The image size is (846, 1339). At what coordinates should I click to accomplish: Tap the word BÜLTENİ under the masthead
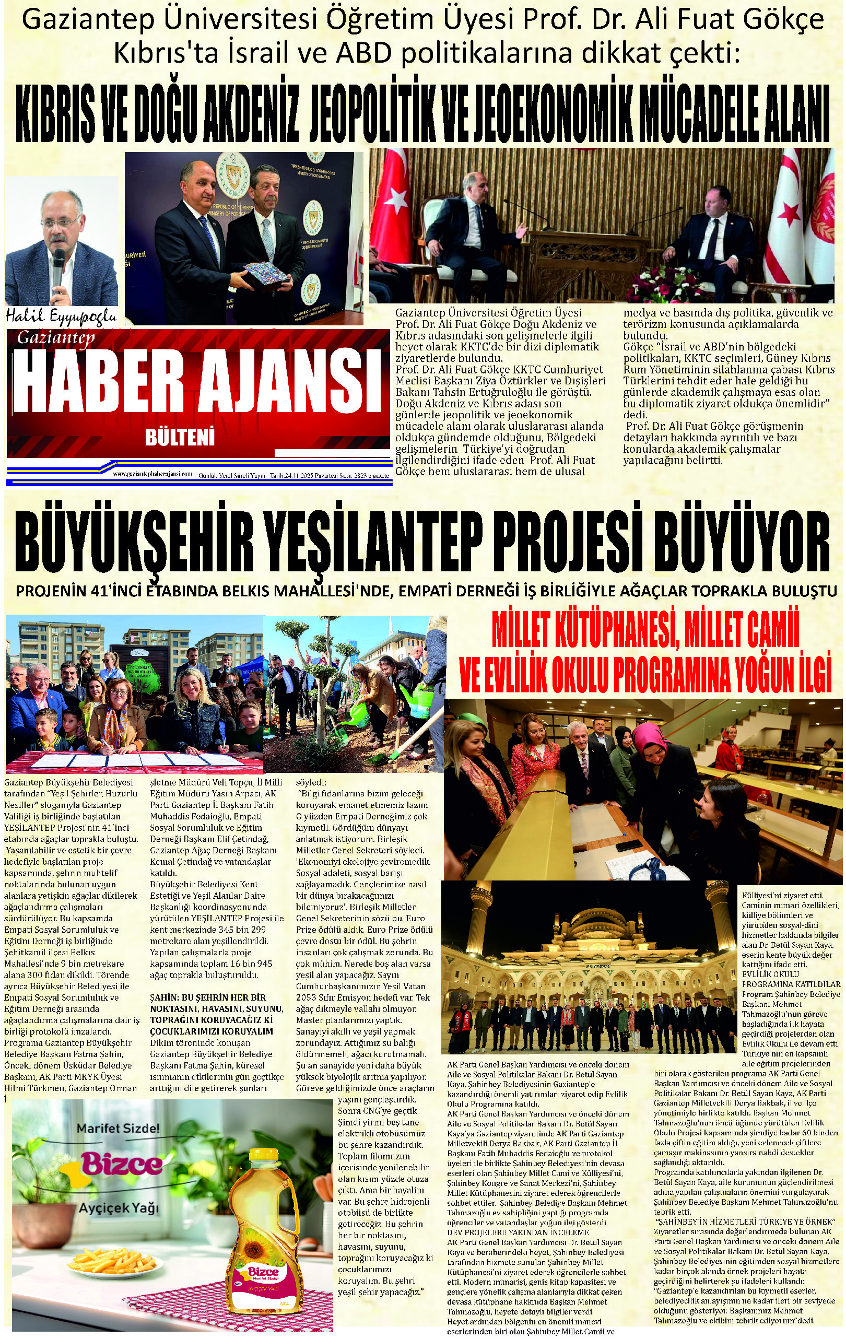pos(179,438)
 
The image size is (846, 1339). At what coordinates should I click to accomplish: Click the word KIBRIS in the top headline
pos(61,114)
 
